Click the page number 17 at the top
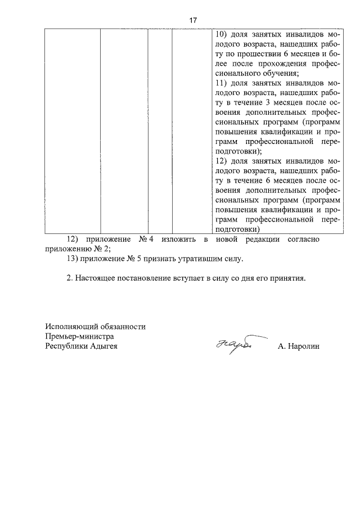pyautogui.click(x=192, y=20)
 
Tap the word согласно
pyautogui.click(x=304, y=240)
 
